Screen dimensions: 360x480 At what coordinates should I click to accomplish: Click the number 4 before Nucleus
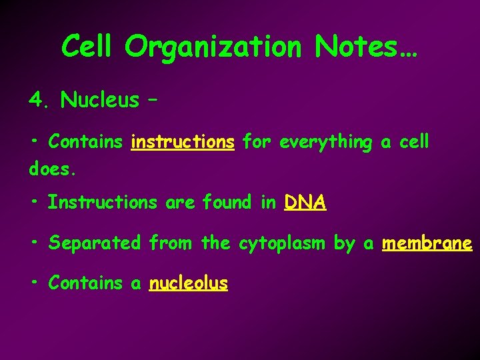[x=36, y=100]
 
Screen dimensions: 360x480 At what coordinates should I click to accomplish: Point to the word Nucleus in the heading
[x=100, y=100]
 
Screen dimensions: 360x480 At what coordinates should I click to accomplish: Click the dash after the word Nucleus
[x=152, y=101]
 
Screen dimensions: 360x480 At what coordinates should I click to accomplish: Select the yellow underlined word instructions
[x=183, y=142]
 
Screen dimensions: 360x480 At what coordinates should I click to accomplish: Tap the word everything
[x=326, y=142]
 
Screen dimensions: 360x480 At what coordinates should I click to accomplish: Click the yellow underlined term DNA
[x=305, y=202]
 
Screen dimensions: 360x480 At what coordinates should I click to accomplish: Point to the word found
[x=227, y=202]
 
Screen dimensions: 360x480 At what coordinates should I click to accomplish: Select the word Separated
[x=95, y=243]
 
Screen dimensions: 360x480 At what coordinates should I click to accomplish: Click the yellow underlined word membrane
[x=427, y=243]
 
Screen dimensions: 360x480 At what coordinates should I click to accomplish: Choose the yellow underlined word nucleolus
[x=189, y=283]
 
